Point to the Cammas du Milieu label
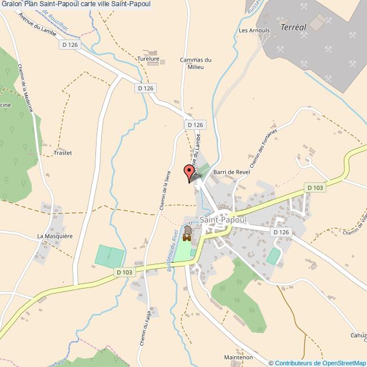coord(195,63)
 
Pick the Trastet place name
coord(63,152)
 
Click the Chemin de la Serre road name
coord(165,190)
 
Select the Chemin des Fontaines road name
coord(264,148)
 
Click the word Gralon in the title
coord(11,5)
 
